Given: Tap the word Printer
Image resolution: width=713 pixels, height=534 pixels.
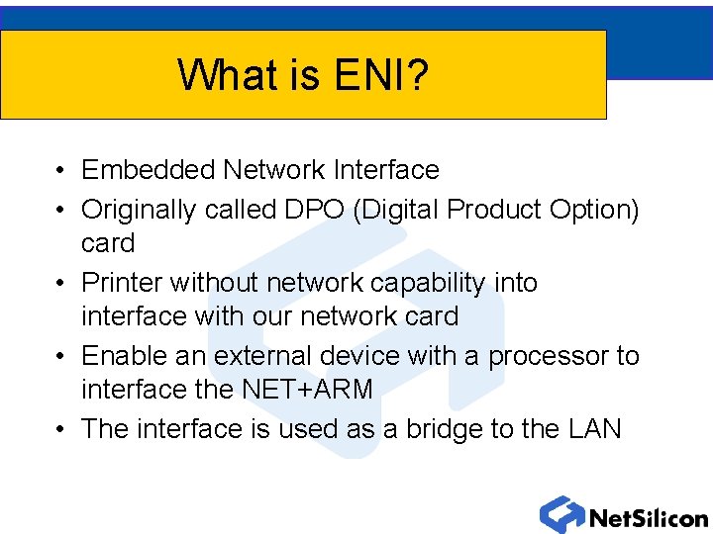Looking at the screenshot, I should pos(121,283).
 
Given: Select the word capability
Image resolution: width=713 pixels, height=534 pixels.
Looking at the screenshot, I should pos(428,283).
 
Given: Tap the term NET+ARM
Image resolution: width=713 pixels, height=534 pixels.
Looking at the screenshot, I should pos(307,390).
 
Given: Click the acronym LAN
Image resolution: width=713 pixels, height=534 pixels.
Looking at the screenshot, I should pos(595,429).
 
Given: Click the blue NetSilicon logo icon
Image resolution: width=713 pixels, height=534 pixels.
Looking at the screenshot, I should pos(561,515).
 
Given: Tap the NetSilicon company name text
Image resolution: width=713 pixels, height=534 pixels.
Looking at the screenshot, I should pos(648,517).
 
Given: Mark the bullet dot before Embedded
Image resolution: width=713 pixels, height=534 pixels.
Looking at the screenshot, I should pos(61,171).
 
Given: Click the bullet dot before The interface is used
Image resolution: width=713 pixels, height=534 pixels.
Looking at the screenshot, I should pos(61,430).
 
